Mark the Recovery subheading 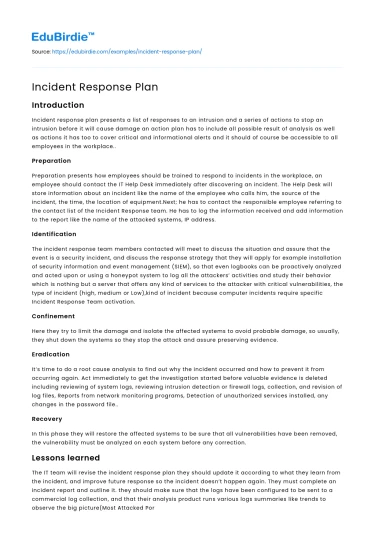pos(47,420)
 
